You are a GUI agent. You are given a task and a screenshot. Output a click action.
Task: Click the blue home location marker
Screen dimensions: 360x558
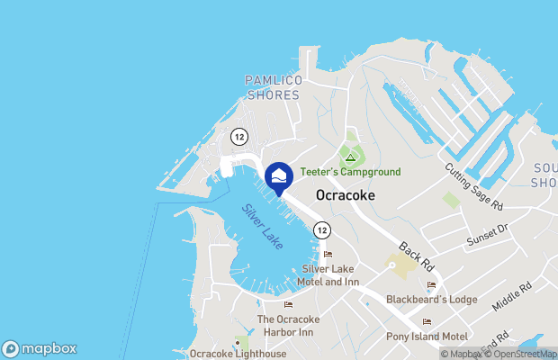pos(279,177)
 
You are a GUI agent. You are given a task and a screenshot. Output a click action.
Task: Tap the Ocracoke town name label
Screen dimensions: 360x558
pos(345,195)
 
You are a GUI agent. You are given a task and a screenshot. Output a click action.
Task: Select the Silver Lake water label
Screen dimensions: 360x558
pos(262,226)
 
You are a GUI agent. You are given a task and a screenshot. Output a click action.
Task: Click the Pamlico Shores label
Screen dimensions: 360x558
pos(272,87)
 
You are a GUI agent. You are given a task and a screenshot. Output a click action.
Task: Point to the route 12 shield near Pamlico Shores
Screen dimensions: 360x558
pos(238,136)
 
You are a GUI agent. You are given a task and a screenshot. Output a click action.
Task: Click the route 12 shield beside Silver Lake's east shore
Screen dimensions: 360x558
pos(321,230)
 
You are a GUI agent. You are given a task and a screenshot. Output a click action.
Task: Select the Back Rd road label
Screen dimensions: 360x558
pos(417,256)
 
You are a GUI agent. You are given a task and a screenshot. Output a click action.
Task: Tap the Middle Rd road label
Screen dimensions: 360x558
pos(512,296)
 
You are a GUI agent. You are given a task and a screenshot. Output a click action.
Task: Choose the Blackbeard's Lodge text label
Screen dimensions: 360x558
pos(431,299)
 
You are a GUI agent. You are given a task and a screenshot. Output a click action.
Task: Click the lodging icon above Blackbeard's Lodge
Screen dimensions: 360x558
pos(431,285)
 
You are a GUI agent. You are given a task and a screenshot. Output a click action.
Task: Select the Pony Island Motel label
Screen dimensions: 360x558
pos(427,336)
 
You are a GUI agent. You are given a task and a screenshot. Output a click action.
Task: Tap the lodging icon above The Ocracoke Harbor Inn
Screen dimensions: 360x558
pos(288,304)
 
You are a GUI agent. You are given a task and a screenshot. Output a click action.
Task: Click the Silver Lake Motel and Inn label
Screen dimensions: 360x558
pos(330,275)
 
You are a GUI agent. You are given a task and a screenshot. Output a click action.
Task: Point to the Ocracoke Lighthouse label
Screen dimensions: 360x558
pos(238,354)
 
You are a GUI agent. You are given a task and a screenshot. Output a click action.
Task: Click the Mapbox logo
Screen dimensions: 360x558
pos(40,348)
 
